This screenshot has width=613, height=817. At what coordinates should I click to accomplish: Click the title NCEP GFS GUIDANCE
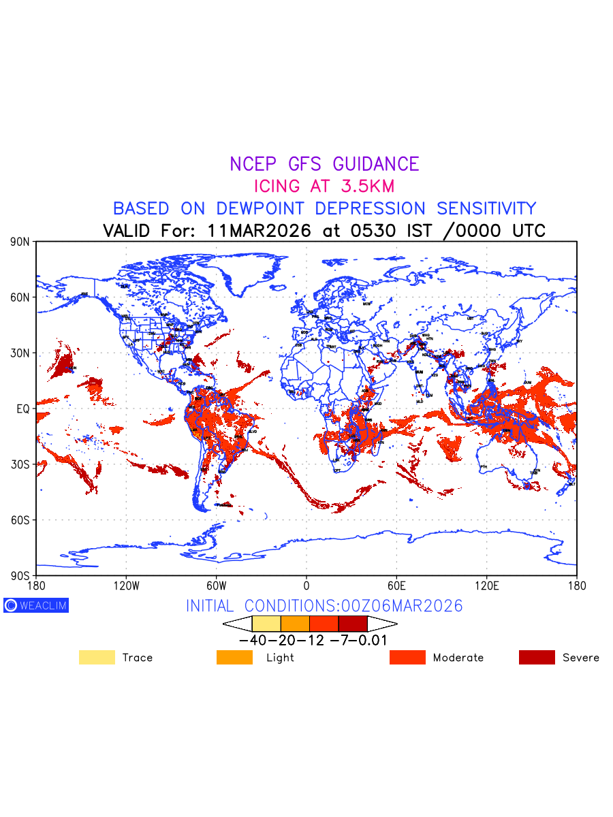coord(324,164)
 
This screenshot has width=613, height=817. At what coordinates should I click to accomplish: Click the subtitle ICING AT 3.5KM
coord(324,186)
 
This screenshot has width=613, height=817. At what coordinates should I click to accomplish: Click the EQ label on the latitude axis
coord(23,408)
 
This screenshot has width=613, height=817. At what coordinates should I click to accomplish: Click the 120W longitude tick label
coord(126,585)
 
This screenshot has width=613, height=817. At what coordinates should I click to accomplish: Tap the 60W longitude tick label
coord(216,585)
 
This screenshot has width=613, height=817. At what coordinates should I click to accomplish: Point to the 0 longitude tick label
coord(306,585)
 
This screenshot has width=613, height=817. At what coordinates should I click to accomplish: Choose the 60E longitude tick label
coord(396,585)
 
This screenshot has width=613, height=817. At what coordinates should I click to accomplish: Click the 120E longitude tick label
coord(486,585)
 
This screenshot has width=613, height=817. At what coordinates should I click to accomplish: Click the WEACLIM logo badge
coord(36,605)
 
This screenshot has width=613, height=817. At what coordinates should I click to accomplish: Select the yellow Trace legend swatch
coord(97,657)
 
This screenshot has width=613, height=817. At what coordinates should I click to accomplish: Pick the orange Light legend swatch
coord(234,657)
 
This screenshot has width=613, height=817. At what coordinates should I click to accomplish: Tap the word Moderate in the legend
coord(458,658)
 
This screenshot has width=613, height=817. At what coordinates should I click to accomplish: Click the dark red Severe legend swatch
coord(537,657)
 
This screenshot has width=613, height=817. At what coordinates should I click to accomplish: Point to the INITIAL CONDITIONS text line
coord(324,606)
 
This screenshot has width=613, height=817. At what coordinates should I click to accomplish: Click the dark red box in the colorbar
coord(353,624)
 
